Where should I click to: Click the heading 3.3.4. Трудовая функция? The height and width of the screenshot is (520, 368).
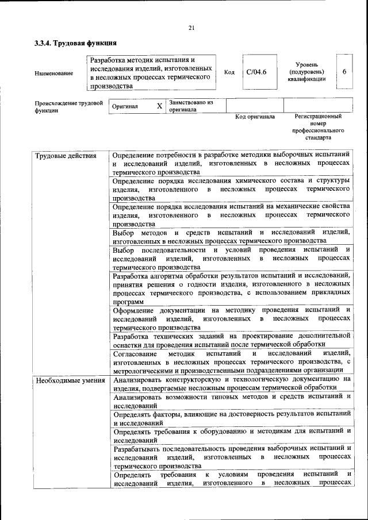76,43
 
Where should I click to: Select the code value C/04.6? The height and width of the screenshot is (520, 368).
256,72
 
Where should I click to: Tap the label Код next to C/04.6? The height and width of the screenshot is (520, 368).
229,73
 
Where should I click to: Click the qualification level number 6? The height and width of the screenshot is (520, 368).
344,72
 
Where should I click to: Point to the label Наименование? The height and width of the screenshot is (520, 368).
54,73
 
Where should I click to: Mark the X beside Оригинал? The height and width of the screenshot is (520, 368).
160,106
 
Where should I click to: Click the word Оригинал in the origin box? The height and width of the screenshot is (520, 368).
125,107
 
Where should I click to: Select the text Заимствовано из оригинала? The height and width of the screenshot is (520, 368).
191,106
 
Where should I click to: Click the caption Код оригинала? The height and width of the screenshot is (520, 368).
255,117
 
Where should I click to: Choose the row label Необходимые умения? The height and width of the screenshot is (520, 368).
70,380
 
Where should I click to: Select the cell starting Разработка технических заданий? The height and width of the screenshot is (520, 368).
231,340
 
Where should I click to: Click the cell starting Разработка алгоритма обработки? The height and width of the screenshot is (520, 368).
231,288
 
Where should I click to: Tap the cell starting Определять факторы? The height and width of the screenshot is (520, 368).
231,418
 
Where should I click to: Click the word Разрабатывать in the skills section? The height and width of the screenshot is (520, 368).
141,448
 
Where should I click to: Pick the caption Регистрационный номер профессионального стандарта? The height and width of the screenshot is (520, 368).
318,127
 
